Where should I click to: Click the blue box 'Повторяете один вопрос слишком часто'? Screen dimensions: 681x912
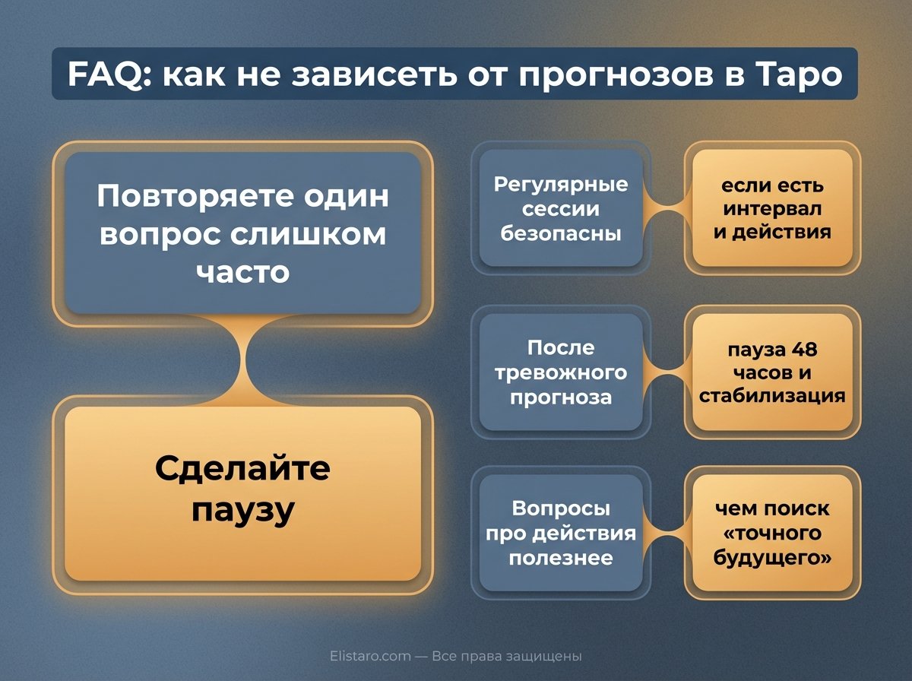(242, 233)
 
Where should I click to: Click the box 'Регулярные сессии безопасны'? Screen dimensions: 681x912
(561, 208)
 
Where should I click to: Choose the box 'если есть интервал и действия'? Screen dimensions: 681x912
(772, 208)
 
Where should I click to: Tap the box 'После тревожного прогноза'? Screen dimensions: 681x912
(561, 372)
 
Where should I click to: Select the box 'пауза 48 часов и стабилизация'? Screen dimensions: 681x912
(772, 372)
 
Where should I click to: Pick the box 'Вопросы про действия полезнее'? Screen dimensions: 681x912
(561, 532)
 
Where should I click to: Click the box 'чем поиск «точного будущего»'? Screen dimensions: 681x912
(772, 532)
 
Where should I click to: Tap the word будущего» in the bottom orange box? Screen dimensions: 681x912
(772, 556)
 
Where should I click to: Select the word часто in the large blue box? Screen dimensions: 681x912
(243, 271)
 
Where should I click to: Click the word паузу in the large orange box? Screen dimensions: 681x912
(242, 511)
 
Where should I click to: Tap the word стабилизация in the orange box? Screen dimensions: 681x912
(772, 395)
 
